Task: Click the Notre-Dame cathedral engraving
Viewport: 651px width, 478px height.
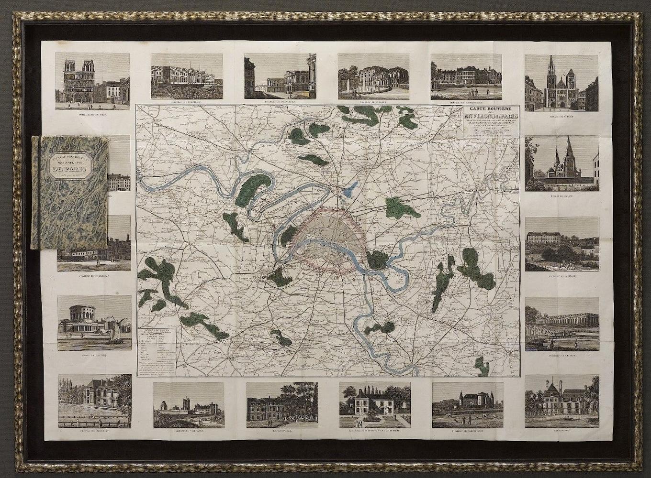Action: click(92, 80)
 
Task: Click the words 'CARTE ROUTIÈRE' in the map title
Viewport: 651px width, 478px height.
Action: click(490, 109)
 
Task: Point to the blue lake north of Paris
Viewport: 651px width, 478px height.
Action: click(351, 189)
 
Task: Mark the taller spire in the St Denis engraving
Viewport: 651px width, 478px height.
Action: click(551, 67)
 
